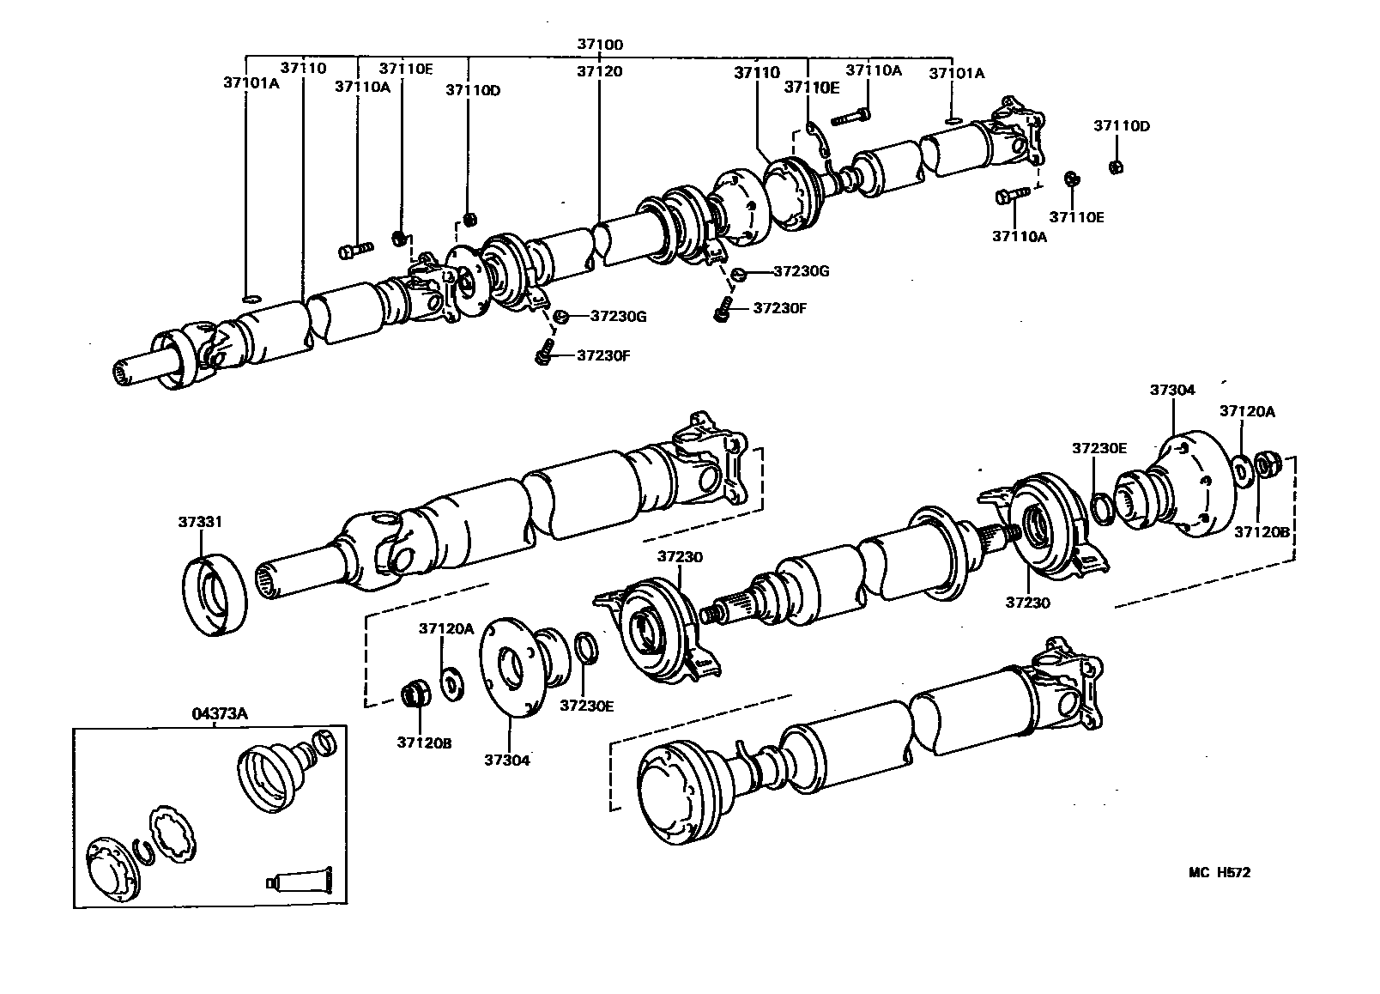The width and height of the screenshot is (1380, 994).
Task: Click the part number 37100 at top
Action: pyautogui.click(x=599, y=44)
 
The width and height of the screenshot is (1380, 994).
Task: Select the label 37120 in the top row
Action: pyautogui.click(x=599, y=71)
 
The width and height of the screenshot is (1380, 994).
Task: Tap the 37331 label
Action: pyautogui.click(x=201, y=521)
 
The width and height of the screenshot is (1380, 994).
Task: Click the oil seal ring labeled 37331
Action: pyautogui.click(x=215, y=595)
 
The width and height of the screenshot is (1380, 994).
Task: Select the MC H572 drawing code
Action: pyautogui.click(x=1219, y=872)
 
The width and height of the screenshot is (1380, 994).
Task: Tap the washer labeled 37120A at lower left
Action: pyautogui.click(x=450, y=685)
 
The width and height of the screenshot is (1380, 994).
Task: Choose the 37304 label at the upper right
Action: pyautogui.click(x=1172, y=390)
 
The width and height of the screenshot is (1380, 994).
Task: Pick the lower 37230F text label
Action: pyautogui.click(x=603, y=355)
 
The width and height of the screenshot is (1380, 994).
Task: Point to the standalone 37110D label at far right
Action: pyautogui.click(x=1121, y=125)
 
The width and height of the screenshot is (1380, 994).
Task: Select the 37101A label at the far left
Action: pyautogui.click(x=251, y=83)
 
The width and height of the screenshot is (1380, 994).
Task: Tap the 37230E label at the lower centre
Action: pyautogui.click(x=587, y=706)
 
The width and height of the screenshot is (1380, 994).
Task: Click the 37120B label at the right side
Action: pyautogui.click(x=1262, y=531)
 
